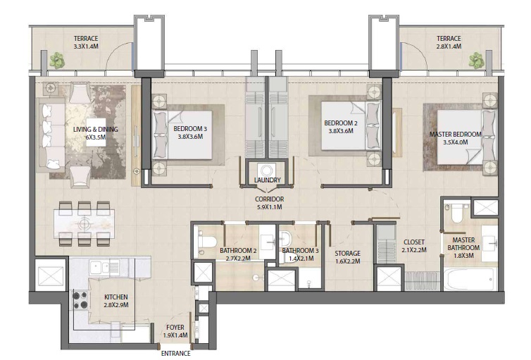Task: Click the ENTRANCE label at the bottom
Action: [175, 354]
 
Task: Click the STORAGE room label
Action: [347, 254]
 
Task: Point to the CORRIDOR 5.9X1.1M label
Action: [268, 204]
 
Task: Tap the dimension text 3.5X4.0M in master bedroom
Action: [456, 142]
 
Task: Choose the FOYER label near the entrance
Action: [175, 328]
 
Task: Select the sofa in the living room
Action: [49, 135]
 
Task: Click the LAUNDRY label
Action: [268, 180]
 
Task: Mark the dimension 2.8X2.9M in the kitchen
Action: [115, 306]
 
